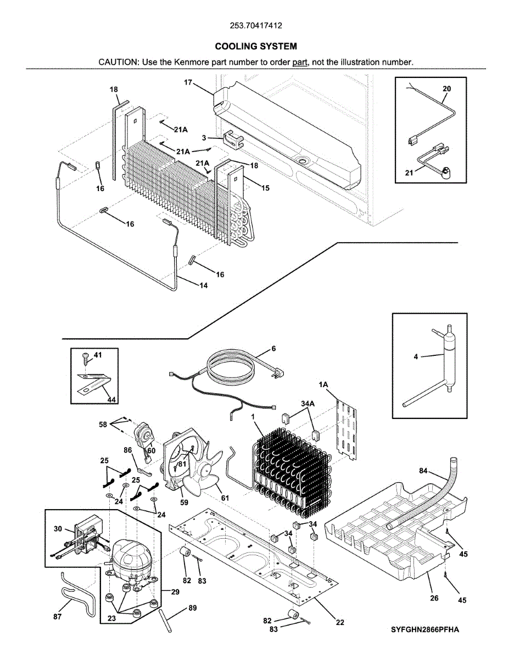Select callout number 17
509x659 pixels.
(188, 83)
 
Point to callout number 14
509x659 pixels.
(203, 286)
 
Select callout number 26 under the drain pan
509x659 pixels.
(434, 598)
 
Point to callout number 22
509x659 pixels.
(340, 622)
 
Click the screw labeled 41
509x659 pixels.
(85, 359)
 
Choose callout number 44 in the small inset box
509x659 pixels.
(111, 400)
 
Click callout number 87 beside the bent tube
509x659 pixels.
(57, 617)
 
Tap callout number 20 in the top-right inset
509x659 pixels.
(446, 88)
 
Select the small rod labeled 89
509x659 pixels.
(165, 620)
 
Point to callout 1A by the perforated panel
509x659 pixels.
(323, 386)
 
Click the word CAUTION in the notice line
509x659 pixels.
(118, 62)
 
